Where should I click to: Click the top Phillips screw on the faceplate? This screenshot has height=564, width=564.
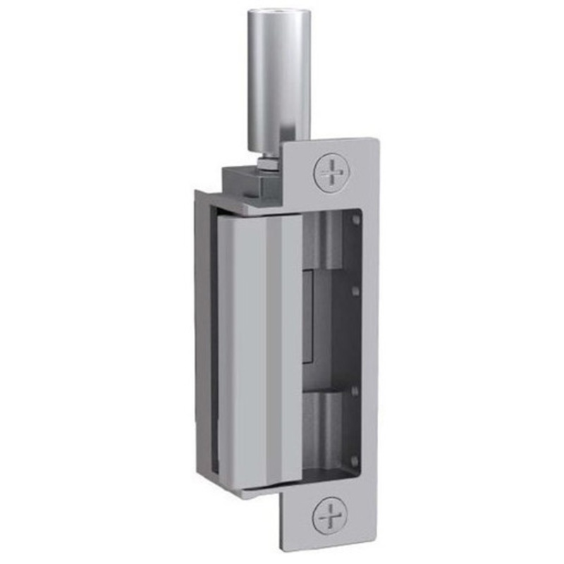click(330, 171)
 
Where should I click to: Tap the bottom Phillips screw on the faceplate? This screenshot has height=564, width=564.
click(330, 515)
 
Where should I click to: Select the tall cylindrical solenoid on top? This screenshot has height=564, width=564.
click(281, 78)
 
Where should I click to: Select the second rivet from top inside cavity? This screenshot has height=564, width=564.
click(355, 290)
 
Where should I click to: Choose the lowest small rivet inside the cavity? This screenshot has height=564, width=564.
click(355, 458)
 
